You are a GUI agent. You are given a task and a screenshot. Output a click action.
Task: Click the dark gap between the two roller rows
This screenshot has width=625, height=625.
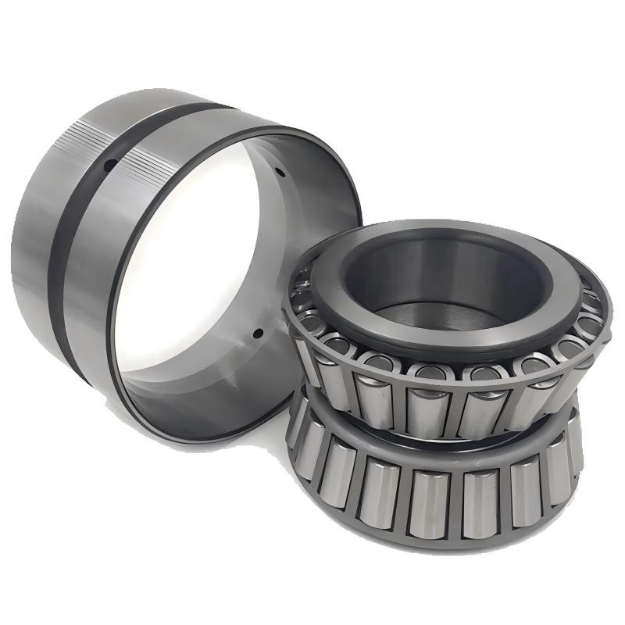(x=437, y=430)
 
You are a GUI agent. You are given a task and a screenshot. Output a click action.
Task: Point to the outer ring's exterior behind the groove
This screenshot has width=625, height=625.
(x=31, y=234)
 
